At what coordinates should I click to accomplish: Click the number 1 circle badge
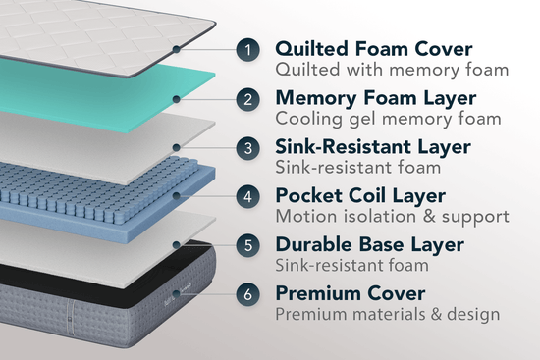[x=249, y=49]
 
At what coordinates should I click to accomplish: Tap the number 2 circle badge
[x=249, y=98]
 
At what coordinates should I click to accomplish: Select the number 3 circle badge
[x=249, y=147]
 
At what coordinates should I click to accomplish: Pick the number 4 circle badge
[x=249, y=195]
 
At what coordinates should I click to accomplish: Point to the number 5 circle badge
[x=249, y=244]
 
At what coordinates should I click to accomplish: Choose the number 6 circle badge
[x=249, y=293]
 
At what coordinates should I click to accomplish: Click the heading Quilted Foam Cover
[x=373, y=48]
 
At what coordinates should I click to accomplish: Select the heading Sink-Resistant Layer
[x=386, y=146]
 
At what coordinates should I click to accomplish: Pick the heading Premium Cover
[x=350, y=292]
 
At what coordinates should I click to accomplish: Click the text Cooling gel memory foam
[x=389, y=119]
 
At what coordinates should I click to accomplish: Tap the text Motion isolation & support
[x=392, y=216]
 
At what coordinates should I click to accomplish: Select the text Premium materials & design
[x=388, y=314]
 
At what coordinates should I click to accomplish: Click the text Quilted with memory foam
[x=392, y=70]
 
